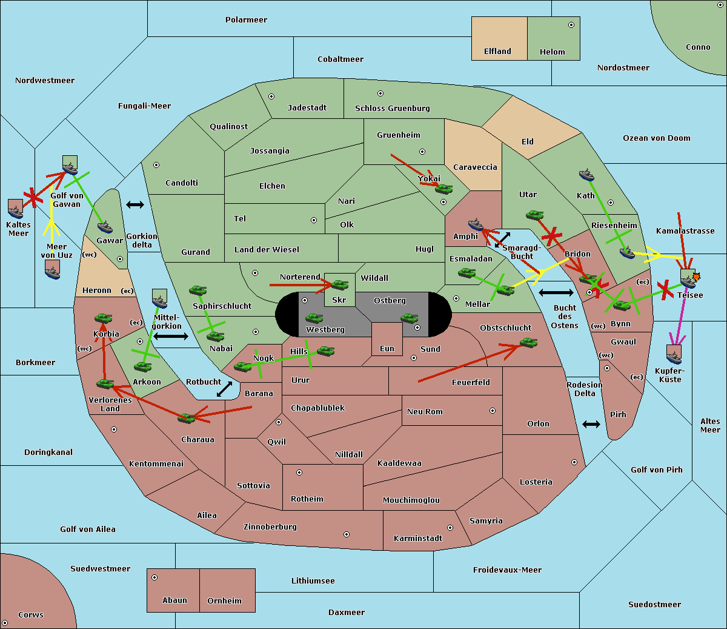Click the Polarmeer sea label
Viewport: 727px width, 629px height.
pyautogui.click(x=246, y=20)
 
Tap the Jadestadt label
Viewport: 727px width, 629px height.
pyautogui.click(x=307, y=107)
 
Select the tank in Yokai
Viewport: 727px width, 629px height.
pyautogui.click(x=444, y=189)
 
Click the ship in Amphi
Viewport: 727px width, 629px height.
pyautogui.click(x=476, y=224)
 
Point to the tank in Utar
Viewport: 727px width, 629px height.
pyautogui.click(x=534, y=215)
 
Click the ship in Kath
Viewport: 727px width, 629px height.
pyautogui.click(x=586, y=175)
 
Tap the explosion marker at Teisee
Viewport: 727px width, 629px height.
pyautogui.click(x=696, y=277)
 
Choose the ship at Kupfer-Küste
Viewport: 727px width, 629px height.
pyautogui.click(x=674, y=354)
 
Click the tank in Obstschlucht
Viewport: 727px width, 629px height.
pyautogui.click(x=529, y=343)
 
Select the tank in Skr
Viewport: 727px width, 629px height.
pyautogui.click(x=340, y=284)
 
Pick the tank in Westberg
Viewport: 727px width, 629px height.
pyautogui.click(x=314, y=318)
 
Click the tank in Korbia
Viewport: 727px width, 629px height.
pyautogui.click(x=104, y=318)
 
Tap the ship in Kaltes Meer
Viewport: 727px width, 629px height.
pyautogui.click(x=16, y=209)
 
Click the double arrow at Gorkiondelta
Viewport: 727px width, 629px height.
pyautogui.click(x=135, y=204)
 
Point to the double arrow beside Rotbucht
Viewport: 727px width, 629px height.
pyautogui.click(x=225, y=389)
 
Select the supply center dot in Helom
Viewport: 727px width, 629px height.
pyautogui.click(x=571, y=25)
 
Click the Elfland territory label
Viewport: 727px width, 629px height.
pyautogui.click(x=497, y=52)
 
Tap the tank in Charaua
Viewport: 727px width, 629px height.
pyautogui.click(x=186, y=419)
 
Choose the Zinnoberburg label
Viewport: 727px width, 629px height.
pyautogui.click(x=270, y=527)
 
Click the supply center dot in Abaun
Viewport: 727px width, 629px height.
pyautogui.click(x=154, y=577)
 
